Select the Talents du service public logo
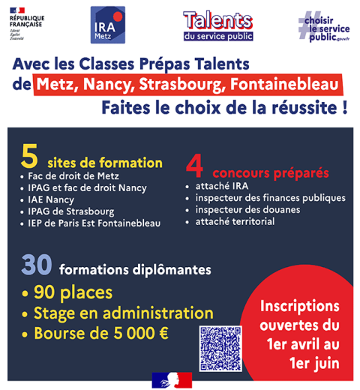(x=217, y=25)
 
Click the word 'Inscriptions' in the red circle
(x=299, y=307)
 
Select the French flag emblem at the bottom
(x=172, y=379)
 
